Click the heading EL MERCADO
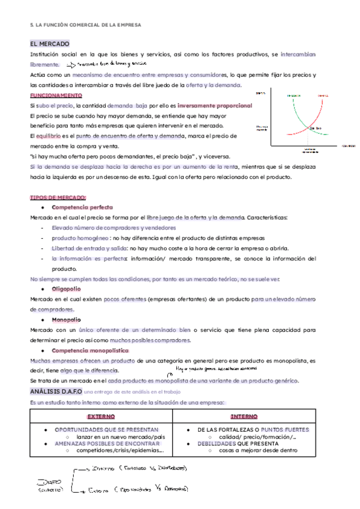pyautogui.click(x=50, y=44)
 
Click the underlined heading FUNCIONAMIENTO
pyautogui.click(x=56, y=95)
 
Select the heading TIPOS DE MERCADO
pyautogui.click(x=58, y=197)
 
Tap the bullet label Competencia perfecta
pyautogui.click(x=82, y=207)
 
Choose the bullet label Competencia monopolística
pyautogui.click(x=90, y=350)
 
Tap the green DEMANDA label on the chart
pyautogui.click(x=293, y=95)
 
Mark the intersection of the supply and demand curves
pyautogui.click(x=310, y=127)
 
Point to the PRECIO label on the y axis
pyautogui.click(x=260, y=93)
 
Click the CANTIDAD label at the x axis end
pyautogui.click(x=349, y=146)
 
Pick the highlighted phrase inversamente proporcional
pyautogui.click(x=215, y=105)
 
